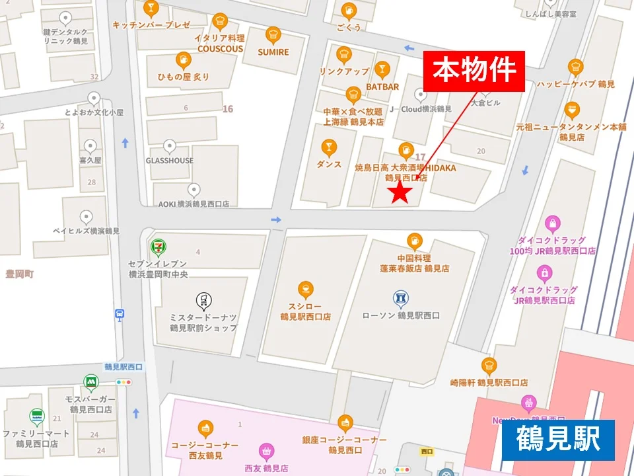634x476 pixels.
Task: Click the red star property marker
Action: coord(400,192)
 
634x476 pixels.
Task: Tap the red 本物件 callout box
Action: coord(474,71)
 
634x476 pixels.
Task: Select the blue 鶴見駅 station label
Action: coord(558,440)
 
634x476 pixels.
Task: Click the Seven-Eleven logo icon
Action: coord(157,247)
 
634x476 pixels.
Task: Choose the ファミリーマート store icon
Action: coord(37,416)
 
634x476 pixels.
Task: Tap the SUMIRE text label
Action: coord(273,52)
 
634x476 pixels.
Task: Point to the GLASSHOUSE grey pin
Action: coord(170,146)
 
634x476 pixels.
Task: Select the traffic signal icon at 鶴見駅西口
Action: coord(123,382)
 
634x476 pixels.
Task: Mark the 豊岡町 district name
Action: coord(19,274)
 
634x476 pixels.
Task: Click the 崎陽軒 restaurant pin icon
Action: coord(489,365)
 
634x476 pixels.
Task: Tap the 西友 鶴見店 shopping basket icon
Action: coord(266,452)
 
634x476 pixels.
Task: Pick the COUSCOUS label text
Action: coord(220,48)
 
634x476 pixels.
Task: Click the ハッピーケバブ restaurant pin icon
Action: coord(575,67)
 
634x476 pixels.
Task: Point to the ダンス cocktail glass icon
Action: coord(328,147)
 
